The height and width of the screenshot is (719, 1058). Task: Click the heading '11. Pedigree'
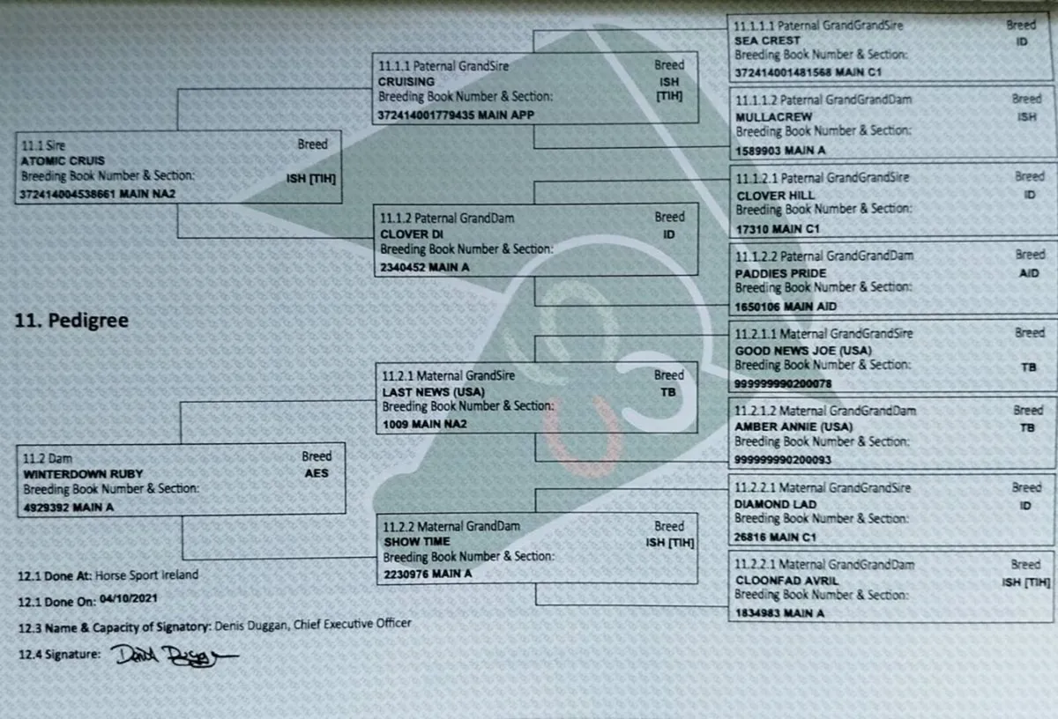click(x=71, y=321)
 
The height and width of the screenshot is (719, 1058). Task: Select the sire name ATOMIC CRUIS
click(x=63, y=161)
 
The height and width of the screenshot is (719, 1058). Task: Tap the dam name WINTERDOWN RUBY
click(x=83, y=474)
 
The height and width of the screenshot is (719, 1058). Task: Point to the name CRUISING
click(x=406, y=82)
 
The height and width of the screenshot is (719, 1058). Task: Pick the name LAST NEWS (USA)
click(x=434, y=392)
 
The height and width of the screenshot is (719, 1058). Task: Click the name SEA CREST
click(x=767, y=41)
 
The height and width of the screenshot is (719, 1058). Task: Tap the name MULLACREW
click(x=774, y=116)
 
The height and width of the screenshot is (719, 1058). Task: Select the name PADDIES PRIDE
click(x=781, y=273)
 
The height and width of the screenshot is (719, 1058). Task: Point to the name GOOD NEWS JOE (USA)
click(x=803, y=351)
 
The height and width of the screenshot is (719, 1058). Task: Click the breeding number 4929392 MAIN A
click(x=69, y=508)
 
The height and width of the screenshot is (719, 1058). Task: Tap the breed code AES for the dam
click(x=317, y=473)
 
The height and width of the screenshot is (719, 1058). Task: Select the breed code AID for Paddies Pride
click(x=1029, y=273)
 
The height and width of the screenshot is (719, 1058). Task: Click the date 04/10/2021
click(x=129, y=598)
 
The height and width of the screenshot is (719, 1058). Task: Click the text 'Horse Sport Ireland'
click(x=147, y=575)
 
